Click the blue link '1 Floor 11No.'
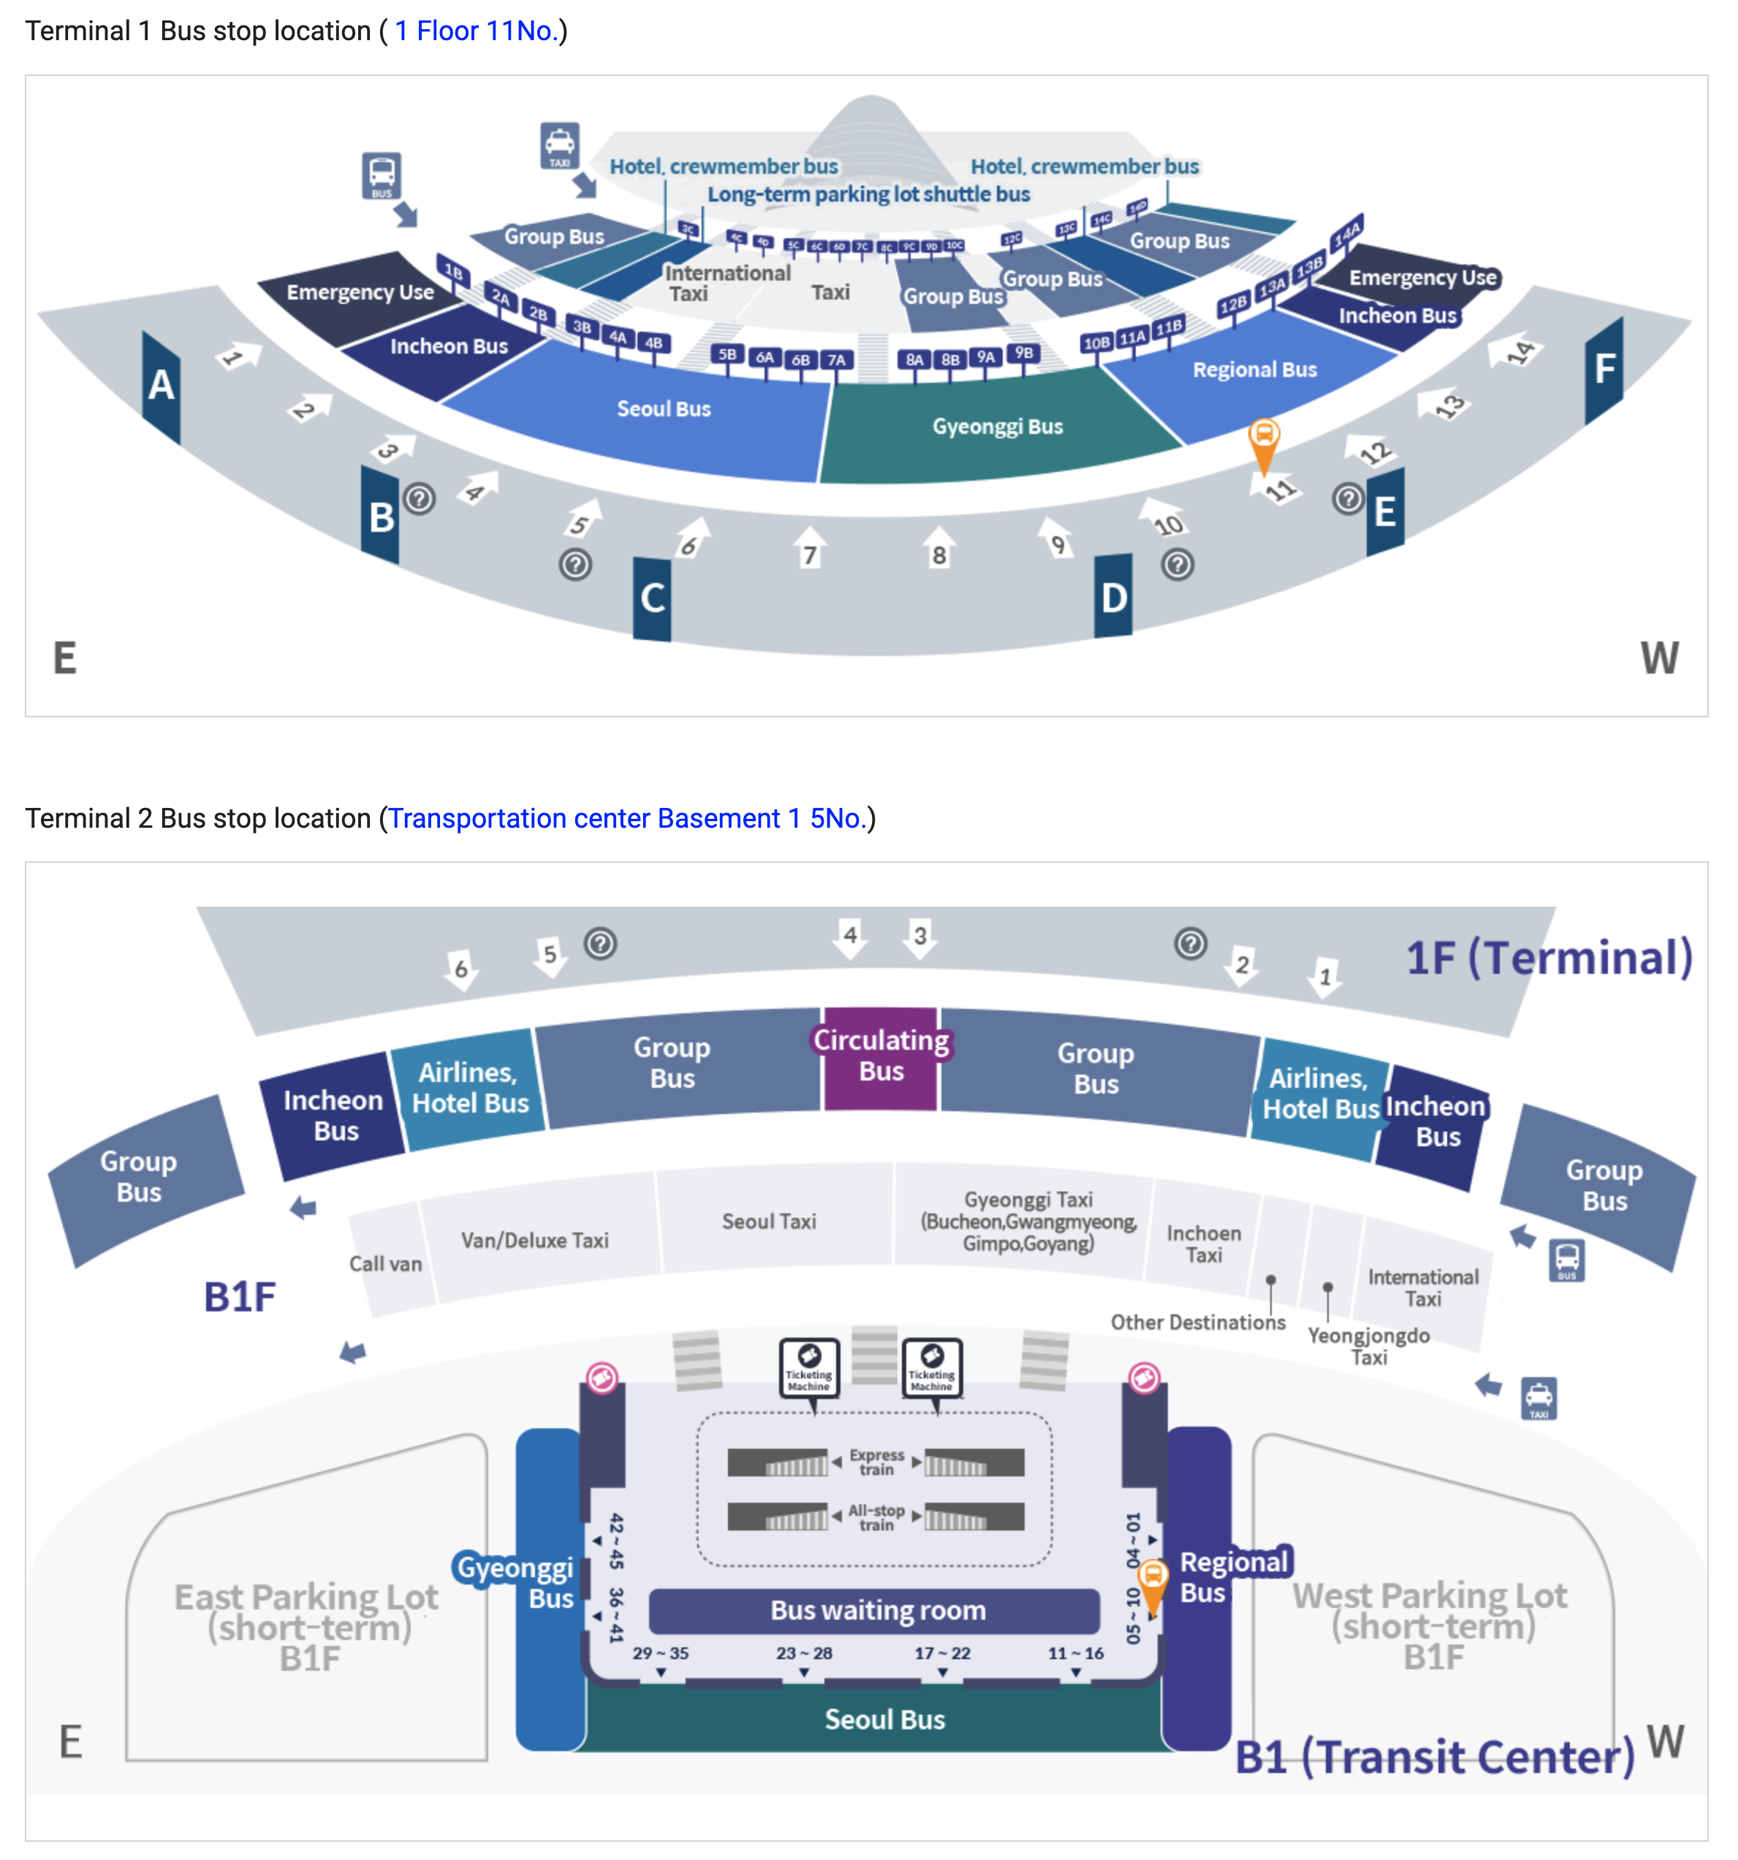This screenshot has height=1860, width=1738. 476,31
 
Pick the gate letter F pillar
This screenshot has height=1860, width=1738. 1604,369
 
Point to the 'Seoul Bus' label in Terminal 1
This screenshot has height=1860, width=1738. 664,409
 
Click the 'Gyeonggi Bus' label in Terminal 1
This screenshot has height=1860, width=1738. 997,427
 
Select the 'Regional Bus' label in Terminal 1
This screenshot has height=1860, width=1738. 1254,370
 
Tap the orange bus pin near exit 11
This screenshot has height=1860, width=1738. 1264,438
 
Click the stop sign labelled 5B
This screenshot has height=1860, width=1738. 727,354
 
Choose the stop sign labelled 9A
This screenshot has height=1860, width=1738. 985,357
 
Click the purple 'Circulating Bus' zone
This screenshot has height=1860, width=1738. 881,1057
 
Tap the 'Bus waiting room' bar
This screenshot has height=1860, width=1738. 877,1609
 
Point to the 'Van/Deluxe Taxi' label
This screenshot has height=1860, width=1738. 534,1240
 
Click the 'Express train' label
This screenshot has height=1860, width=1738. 876,1461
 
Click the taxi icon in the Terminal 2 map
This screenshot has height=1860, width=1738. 1538,1398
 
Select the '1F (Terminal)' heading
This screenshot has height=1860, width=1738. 1549,957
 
